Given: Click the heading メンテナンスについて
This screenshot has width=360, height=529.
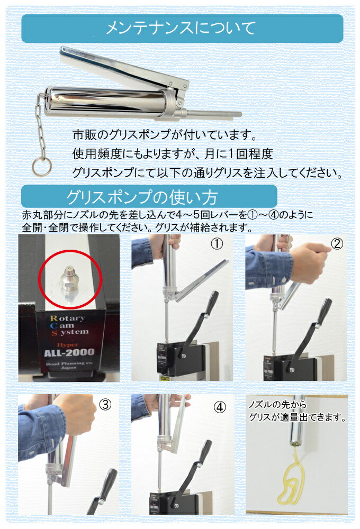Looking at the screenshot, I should click(x=181, y=28).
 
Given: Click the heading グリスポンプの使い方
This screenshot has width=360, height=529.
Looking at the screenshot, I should click(x=141, y=197).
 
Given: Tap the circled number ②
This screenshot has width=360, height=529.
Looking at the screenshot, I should click(x=337, y=244).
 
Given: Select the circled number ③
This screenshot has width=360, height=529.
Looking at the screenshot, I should click(x=105, y=405).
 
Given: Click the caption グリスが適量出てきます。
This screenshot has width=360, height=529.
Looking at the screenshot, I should click(x=298, y=417).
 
